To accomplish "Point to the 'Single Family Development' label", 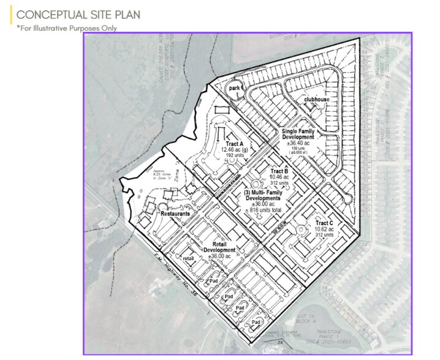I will coord(305,135).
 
